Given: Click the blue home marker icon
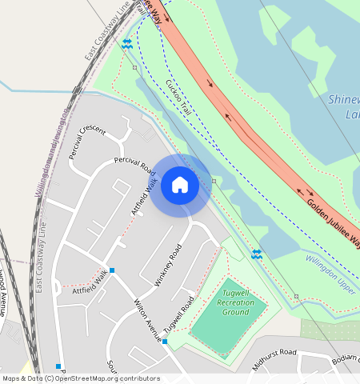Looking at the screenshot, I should pos(180,186).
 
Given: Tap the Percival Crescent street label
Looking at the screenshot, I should pos(87,141).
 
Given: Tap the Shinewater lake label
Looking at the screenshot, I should pos(345,106).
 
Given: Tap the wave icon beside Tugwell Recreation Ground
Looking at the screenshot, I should pos(256,254).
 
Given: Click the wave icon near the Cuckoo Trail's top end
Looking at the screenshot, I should pos(126,44).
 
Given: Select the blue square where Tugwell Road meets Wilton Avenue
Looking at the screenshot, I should pos(165,342).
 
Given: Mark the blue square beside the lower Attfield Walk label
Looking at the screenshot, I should pos(112,270).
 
